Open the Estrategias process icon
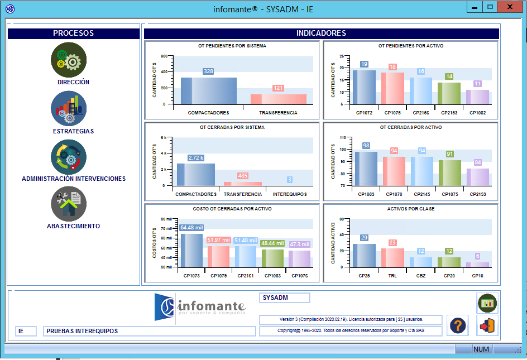pos(69,108)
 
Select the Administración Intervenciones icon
pos(69,157)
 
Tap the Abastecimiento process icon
pos(69,204)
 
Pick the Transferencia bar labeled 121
pos(278,99)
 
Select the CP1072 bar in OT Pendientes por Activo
pos(364,87)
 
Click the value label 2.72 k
pos(196,158)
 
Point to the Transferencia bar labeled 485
pos(242,183)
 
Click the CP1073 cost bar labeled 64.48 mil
pos(191,250)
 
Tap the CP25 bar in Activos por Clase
pos(364,256)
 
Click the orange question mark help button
pos(458,325)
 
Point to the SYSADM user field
pos(284,298)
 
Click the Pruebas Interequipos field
pos(149,331)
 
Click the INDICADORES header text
pos(321,33)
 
